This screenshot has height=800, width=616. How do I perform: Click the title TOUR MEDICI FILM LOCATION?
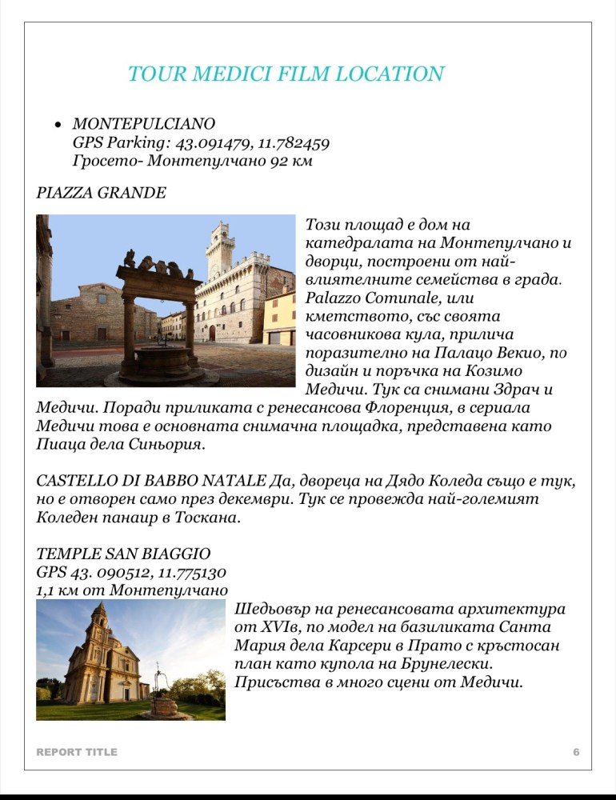point(286,74)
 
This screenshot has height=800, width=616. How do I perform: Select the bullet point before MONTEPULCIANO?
point(58,126)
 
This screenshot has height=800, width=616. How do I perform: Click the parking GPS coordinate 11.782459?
point(294,142)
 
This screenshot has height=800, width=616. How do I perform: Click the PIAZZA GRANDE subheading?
point(102,193)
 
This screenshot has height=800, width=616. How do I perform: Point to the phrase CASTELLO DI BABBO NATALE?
point(150,482)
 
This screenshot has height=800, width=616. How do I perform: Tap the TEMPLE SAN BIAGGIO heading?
point(124,554)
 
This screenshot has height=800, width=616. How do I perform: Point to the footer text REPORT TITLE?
point(77,752)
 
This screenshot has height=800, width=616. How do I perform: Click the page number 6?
point(576,752)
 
